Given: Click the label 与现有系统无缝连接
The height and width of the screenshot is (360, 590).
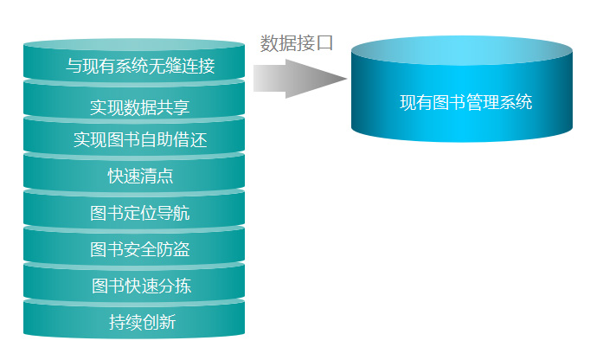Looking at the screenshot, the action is pos(140,66).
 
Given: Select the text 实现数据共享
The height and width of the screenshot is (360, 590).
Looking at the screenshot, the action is pos(139,107).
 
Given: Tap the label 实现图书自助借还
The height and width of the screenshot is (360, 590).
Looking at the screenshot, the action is pos(140,139).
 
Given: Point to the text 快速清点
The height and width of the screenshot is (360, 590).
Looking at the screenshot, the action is pos(140,176).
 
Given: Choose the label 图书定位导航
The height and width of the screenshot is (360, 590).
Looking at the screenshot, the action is pos(140,213).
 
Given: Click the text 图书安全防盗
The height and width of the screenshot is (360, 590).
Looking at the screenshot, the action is pos(140,249).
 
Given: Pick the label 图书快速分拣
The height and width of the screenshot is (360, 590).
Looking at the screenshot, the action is pos(142,286).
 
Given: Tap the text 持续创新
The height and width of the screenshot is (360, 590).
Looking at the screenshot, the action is pos(142,322).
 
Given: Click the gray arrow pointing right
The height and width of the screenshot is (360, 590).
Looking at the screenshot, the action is pos(300,79).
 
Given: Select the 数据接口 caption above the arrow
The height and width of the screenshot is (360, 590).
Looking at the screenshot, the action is pos(297,43).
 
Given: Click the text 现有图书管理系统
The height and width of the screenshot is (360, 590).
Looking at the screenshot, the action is pos(465,102).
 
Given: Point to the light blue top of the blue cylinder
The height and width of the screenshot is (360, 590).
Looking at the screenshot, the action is pos(462,51).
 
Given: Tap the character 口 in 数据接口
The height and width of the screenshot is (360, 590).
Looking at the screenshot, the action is pos(324,43).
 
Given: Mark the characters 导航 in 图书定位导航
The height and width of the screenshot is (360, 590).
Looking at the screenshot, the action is pos(174,213).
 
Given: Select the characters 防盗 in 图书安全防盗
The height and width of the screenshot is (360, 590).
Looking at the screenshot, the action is pos(174,249).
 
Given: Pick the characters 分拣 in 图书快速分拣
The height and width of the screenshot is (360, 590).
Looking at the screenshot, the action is pos(175,286).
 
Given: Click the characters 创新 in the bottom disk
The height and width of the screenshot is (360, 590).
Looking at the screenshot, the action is pos(159,322).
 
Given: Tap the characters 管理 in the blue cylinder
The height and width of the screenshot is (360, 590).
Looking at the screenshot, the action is pos(483,102).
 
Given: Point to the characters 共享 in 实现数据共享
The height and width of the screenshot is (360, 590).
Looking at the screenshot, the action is pos(173,107).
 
